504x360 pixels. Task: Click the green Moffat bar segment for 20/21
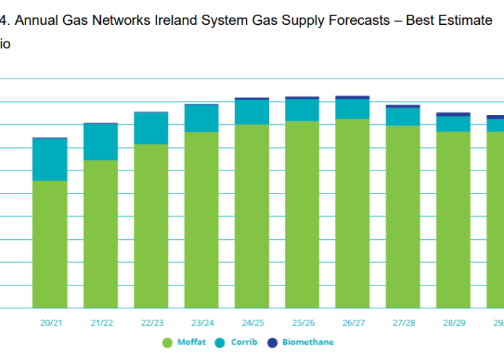[50, 244]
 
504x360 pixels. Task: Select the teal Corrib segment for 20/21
[50, 159]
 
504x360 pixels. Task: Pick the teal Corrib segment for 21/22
[101, 142]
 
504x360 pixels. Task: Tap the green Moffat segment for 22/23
[151, 226]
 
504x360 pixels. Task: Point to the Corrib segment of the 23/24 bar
[202, 118]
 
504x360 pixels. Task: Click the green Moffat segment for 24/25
[252, 216]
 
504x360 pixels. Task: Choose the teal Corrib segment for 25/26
[302, 109]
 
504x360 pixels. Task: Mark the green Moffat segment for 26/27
[353, 213]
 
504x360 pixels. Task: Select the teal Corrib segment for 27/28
[403, 116]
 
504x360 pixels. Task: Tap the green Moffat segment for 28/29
[454, 219]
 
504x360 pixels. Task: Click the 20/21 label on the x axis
[51, 322]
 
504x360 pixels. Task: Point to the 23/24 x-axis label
[202, 322]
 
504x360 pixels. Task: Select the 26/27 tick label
[353, 322]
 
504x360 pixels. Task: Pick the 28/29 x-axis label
[454, 322]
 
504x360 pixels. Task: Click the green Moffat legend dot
[168, 342]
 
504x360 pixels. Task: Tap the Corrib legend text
[244, 342]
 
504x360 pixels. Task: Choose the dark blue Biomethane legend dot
[273, 342]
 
